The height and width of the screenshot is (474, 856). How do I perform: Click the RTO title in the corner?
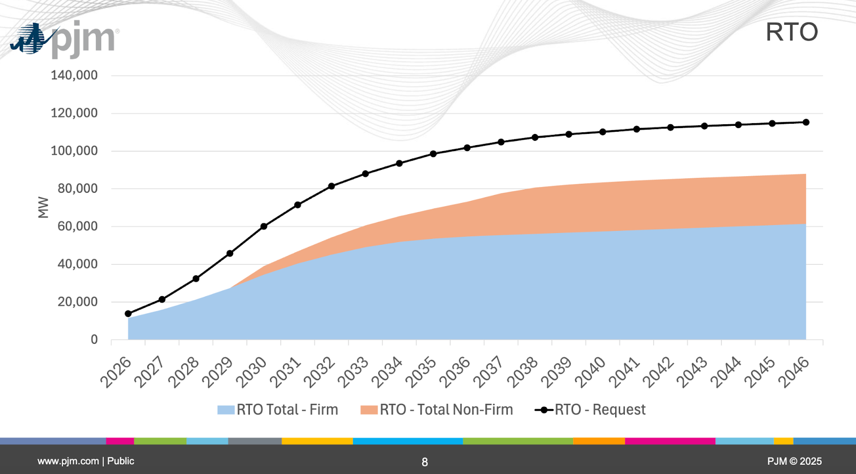tap(792, 32)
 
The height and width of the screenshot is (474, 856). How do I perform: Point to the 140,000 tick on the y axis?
tap(74, 75)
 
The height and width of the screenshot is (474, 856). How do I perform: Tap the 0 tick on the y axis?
tap(94, 340)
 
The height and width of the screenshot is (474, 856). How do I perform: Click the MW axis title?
tap(43, 207)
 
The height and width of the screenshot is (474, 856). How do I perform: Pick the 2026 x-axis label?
tap(116, 372)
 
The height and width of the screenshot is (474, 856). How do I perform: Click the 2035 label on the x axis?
tap(421, 372)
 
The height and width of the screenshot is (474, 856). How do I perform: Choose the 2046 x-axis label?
tap(794, 372)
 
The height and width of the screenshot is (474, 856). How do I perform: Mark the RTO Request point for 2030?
tap(264, 227)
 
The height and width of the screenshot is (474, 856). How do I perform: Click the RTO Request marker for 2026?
tap(128, 314)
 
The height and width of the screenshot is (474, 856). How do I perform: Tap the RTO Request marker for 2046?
tap(806, 123)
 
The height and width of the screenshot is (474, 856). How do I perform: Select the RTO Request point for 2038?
tap(535, 138)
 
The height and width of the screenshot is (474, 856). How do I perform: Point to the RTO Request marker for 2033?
tap(365, 174)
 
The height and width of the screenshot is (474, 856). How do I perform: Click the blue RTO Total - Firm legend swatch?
tap(226, 410)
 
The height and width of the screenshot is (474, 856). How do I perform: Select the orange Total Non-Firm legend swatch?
tap(369, 410)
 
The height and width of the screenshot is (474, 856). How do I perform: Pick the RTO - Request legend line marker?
tap(544, 410)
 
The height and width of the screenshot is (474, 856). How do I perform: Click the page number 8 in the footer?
tap(425, 462)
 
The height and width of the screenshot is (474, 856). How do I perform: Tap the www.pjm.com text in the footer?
tap(68, 461)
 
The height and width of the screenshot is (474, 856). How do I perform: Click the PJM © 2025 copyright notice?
tap(794, 461)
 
